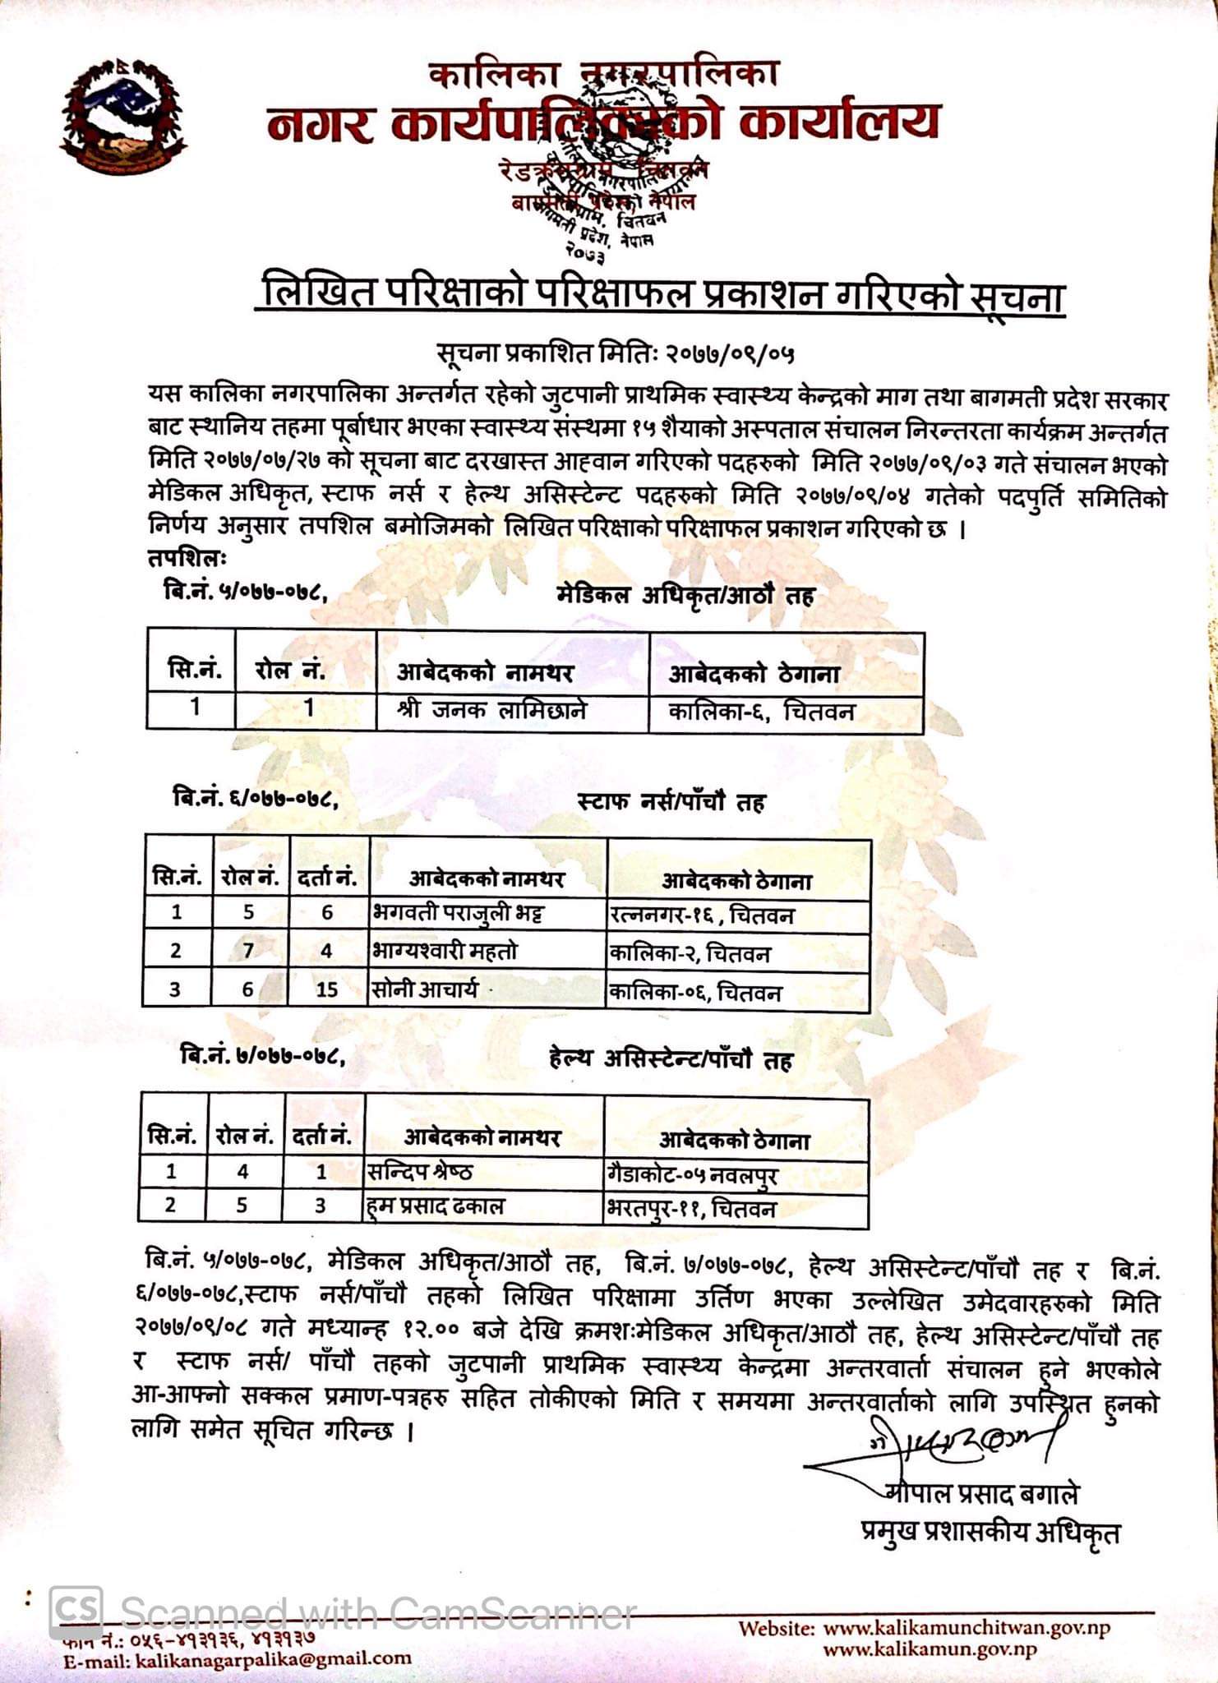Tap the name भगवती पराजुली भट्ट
(x=458, y=913)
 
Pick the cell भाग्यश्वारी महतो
(x=445, y=952)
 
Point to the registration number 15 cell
(x=327, y=989)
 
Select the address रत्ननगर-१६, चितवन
(x=702, y=915)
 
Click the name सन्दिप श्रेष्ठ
(x=420, y=1171)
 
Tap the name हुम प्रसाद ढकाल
(x=436, y=1206)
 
